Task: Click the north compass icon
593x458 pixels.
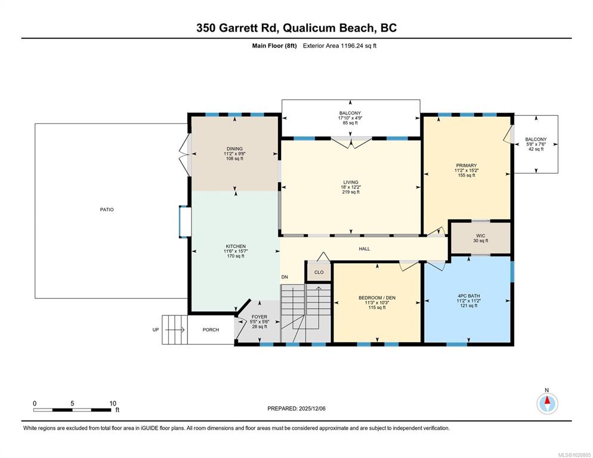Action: point(547,404)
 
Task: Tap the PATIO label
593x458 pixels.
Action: point(107,209)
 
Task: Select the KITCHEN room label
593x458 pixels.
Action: point(236,246)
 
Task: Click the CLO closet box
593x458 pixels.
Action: point(319,272)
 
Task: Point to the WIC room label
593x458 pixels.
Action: point(481,236)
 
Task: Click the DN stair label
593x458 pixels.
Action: point(285,277)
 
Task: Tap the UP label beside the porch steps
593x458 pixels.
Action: point(156,330)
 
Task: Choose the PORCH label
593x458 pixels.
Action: point(211,330)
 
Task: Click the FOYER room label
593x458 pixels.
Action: point(260,317)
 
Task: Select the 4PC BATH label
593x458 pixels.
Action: point(468,296)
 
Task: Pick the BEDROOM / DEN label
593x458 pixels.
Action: point(377,298)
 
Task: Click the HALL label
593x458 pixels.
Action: point(364,249)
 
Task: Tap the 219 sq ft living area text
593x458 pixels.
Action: point(351,192)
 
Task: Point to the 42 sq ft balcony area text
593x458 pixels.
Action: point(536,149)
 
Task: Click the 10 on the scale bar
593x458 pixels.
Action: point(113,403)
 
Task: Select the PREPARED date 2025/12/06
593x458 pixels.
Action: point(312,409)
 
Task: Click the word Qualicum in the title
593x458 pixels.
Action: point(309,28)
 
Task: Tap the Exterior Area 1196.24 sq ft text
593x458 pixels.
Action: point(339,46)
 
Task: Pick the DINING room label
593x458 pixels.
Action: point(234,148)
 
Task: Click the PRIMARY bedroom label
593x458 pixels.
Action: point(467,165)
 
